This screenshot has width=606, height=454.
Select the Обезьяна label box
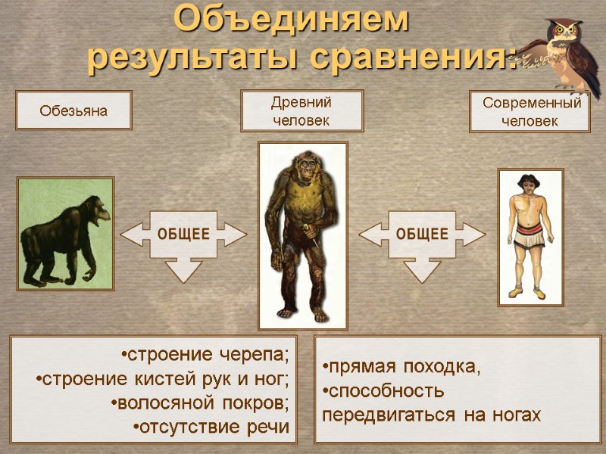(x=73, y=110)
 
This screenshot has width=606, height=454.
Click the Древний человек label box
(x=301, y=110)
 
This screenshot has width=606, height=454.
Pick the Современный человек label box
(x=530, y=112)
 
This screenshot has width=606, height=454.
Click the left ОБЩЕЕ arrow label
(x=183, y=234)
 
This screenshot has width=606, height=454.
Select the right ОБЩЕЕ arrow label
(x=422, y=234)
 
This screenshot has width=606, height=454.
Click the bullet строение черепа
(x=205, y=355)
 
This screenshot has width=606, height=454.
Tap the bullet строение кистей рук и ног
(x=162, y=379)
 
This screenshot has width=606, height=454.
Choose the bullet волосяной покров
(x=200, y=403)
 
